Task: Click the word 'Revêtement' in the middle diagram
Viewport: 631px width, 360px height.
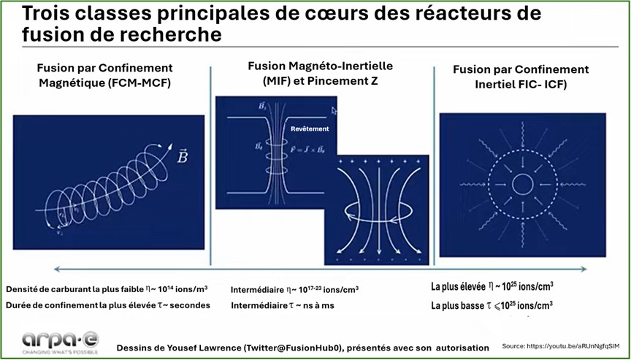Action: pyautogui.click(x=310, y=129)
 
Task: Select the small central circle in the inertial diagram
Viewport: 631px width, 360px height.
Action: pyautogui.click(x=522, y=184)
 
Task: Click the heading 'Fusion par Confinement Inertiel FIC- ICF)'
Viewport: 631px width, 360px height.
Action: pyautogui.click(x=521, y=76)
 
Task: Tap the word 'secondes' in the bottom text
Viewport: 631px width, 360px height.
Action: pyautogui.click(x=188, y=305)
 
